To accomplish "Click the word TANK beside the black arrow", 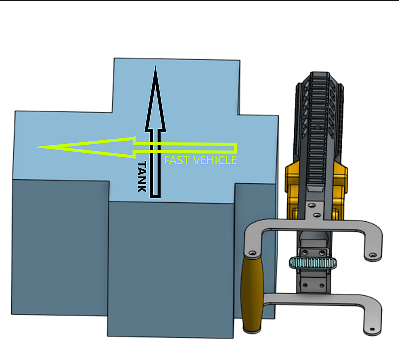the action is tap(142, 177).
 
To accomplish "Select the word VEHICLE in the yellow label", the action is tap(215, 160).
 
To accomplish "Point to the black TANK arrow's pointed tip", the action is tap(155, 67).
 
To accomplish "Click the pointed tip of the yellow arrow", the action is tap(35, 147).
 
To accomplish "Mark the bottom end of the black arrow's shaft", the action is tap(155, 197).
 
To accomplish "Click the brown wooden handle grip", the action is tap(252, 294).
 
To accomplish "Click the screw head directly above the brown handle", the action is tap(252, 253).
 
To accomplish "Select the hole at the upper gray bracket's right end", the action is tap(373, 255).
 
